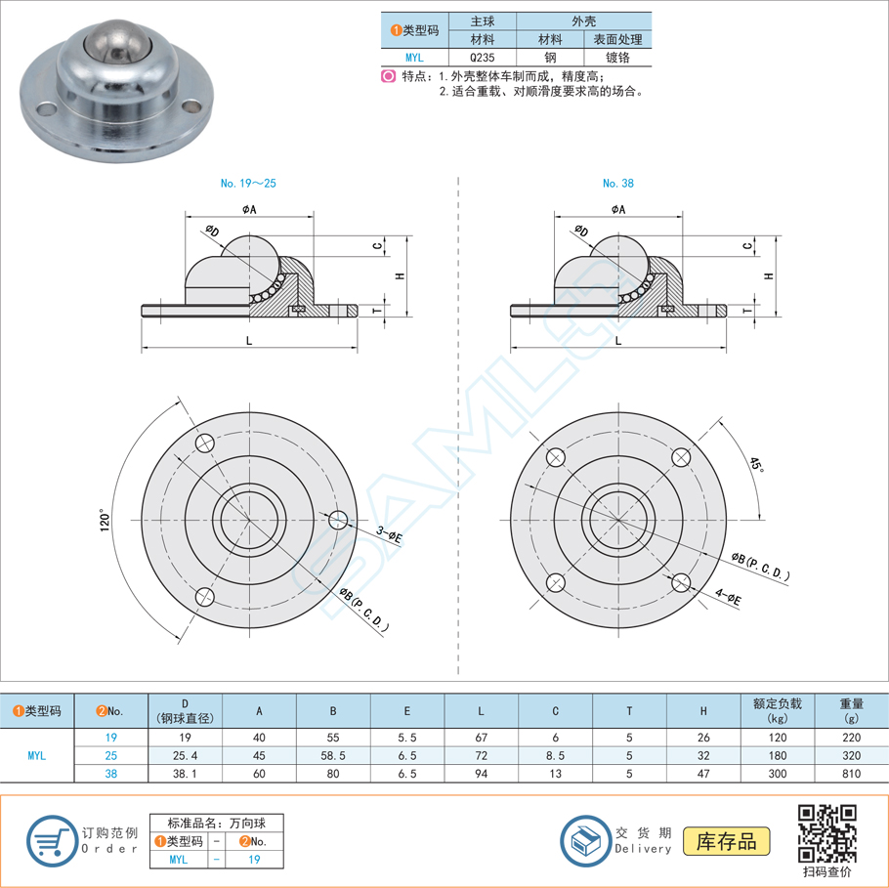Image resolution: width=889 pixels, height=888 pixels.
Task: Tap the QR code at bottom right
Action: tap(827, 833)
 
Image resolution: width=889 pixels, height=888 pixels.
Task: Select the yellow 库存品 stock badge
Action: tap(726, 841)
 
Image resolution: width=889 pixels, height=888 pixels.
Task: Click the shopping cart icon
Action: tap(52, 841)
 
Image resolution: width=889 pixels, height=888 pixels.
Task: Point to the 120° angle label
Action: tap(105, 520)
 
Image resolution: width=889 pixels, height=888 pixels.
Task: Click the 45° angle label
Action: tap(757, 464)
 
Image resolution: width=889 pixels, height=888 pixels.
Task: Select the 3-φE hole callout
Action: tap(389, 534)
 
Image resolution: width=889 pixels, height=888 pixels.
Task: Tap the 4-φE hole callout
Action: tap(728, 597)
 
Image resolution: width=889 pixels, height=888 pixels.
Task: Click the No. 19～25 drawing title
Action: tap(248, 183)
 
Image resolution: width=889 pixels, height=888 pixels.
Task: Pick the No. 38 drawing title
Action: tap(618, 183)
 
